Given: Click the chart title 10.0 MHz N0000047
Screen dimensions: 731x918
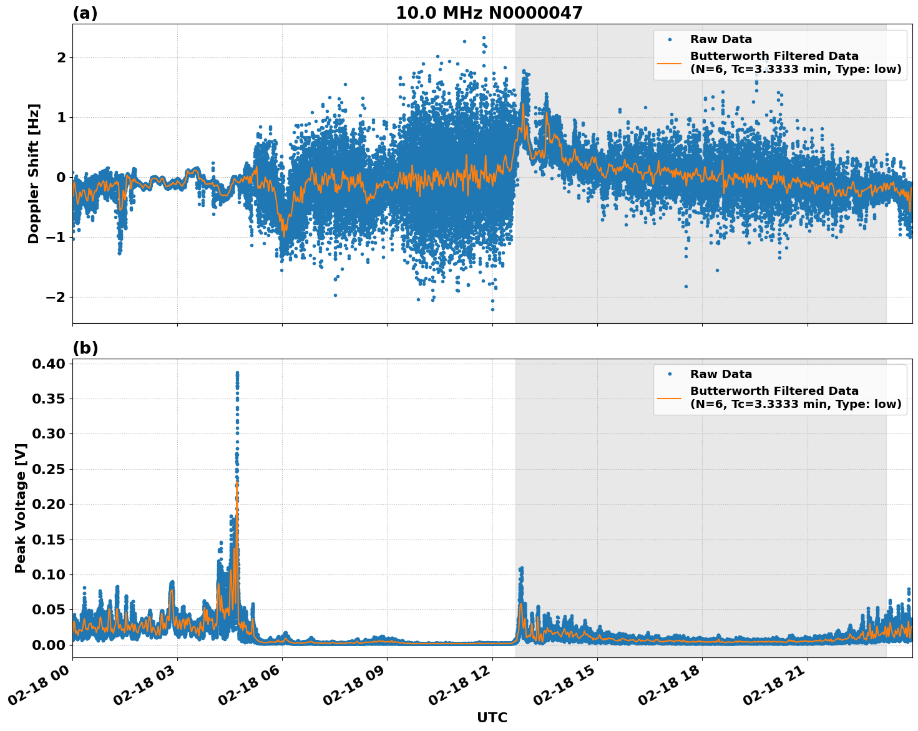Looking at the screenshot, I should (489, 13).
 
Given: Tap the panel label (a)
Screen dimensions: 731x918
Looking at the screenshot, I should (85, 13).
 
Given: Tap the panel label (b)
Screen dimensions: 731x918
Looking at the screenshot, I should (85, 348).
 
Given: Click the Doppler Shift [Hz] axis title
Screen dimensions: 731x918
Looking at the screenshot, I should (34, 173).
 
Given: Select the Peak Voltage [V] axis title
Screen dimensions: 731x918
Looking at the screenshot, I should (21, 508).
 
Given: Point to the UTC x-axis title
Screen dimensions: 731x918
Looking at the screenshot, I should (492, 717).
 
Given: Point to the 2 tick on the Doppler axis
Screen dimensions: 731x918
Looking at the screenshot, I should (61, 57).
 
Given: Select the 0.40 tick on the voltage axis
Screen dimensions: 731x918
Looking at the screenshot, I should (50, 364).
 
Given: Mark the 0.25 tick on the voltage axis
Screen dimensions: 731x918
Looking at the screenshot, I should (50, 469).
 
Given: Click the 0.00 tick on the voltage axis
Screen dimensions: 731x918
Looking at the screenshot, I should (50, 644).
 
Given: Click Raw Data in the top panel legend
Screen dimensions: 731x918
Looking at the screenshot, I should (721, 39).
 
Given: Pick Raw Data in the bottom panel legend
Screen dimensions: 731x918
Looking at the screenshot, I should (721, 374).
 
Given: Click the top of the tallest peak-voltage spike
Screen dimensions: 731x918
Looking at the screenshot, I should (237, 373).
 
